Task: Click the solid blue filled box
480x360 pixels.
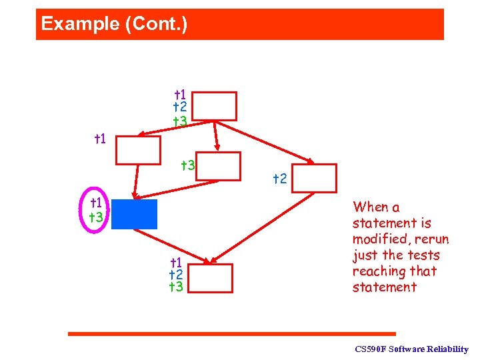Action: coord(134,214)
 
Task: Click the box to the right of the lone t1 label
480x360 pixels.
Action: coord(138,150)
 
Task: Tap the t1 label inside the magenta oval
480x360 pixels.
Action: coord(97,203)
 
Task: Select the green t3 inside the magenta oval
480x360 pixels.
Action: coord(97,217)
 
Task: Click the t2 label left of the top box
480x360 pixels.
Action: coord(179,107)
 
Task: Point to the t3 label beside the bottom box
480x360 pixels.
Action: coord(177,287)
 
